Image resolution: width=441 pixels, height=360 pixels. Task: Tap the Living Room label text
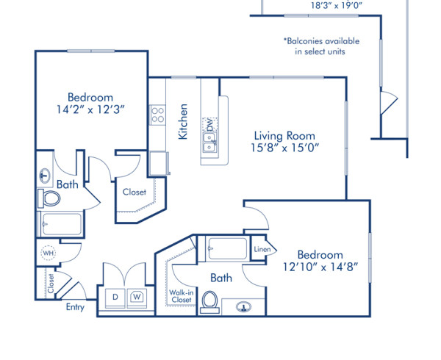point(284,136)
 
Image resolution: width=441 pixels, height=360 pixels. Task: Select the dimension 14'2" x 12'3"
point(90,111)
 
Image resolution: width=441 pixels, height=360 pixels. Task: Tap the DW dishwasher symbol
point(209,123)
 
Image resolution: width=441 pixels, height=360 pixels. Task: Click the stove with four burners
point(157,114)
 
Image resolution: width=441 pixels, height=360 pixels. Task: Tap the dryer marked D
point(115,296)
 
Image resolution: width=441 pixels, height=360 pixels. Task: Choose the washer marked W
point(137,296)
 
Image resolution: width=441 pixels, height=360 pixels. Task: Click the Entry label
point(75,307)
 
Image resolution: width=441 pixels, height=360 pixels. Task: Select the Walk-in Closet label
point(182,295)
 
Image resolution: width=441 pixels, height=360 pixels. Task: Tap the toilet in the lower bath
point(210,301)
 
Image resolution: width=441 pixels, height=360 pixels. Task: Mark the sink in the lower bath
point(242,306)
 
